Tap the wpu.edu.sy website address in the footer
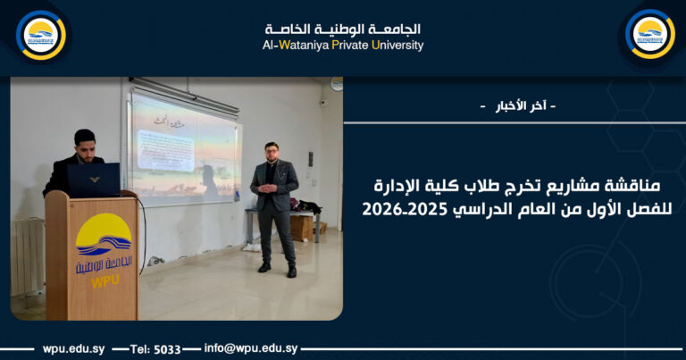[75, 348]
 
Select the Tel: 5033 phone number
[156, 348]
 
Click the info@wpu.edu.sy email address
[251, 348]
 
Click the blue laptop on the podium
[94, 180]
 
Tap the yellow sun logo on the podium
[103, 234]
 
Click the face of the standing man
[272, 151]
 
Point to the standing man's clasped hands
[273, 191]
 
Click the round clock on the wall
[336, 82]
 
